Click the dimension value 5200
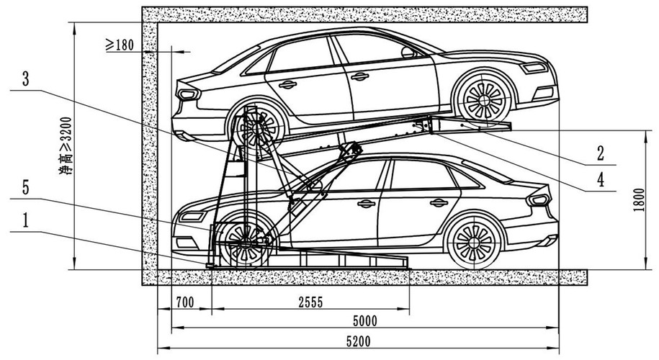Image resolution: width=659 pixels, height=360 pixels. (359, 341)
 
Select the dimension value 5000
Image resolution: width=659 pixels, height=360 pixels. (365, 321)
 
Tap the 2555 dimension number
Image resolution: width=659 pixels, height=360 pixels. (310, 302)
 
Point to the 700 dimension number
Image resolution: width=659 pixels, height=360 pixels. (185, 302)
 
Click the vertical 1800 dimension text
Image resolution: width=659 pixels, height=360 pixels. (639, 200)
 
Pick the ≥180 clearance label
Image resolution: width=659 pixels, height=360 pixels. (120, 45)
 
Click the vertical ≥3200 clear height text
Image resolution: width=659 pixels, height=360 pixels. (66, 145)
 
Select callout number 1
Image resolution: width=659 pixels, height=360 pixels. (26, 220)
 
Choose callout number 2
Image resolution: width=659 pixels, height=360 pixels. (601, 154)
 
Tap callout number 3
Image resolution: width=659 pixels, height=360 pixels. (26, 78)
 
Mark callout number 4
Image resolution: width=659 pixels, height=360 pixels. (601, 180)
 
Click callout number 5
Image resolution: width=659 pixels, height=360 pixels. (26, 188)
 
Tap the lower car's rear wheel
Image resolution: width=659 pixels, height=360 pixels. (474, 242)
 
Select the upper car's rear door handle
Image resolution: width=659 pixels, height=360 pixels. (287, 84)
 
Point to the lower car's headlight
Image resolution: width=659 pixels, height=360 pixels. (192, 217)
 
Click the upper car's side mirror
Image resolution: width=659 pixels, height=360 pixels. (408, 52)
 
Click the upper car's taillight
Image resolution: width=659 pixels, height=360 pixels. (188, 94)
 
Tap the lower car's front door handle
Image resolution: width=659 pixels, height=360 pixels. (366, 204)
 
